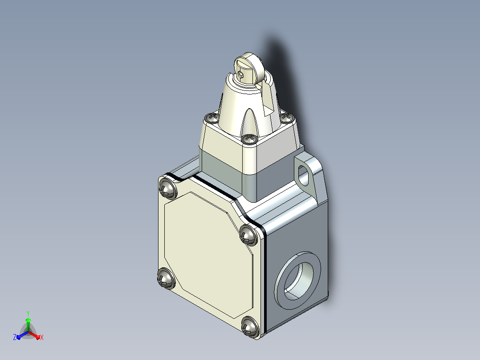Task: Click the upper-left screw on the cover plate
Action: [x=168, y=188]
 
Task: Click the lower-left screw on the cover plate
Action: [x=166, y=278]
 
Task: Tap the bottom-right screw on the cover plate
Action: [x=250, y=327]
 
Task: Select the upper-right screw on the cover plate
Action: [x=248, y=235]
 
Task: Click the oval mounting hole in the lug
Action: [x=303, y=176]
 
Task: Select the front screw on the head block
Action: [x=249, y=139]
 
